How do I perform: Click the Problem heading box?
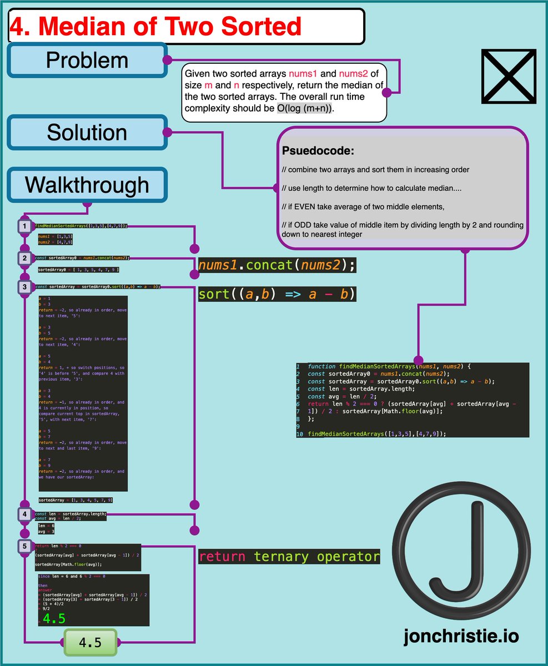(87, 60)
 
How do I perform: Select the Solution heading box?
(87, 132)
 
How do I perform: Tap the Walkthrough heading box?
(87, 185)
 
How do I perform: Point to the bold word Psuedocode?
(318, 151)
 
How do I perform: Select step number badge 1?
(25, 226)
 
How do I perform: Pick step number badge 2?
(25, 258)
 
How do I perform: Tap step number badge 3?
(25, 287)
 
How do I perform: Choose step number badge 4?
(25, 514)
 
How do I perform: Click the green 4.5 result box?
(91, 643)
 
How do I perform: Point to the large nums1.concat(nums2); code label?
(276, 265)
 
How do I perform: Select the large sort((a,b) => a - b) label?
(276, 294)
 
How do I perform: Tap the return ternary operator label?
(289, 557)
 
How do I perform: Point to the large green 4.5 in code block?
(54, 618)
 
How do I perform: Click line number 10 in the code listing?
(300, 434)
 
